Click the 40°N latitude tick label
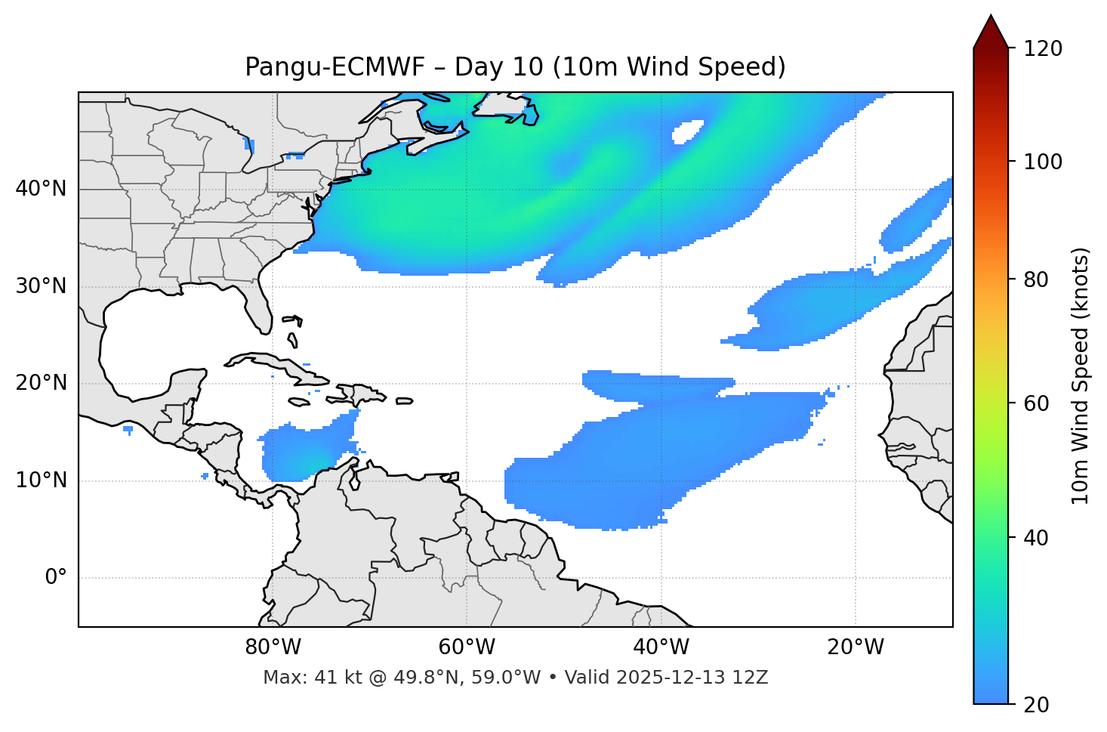pos(41,189)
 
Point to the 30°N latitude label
pos(41,286)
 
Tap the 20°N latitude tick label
pos(41,383)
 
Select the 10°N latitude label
pos(41,480)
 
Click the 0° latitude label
pos(56,578)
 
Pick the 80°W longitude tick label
pos(273,647)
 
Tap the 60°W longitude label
pos(467,647)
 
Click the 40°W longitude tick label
pos(661,647)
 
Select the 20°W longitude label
pos(856,647)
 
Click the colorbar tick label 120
pos(1043,49)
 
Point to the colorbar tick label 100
pos(1043,162)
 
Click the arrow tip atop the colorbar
pos(991,17)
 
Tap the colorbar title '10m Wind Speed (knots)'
pos(1081,375)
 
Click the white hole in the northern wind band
pos(687,132)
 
